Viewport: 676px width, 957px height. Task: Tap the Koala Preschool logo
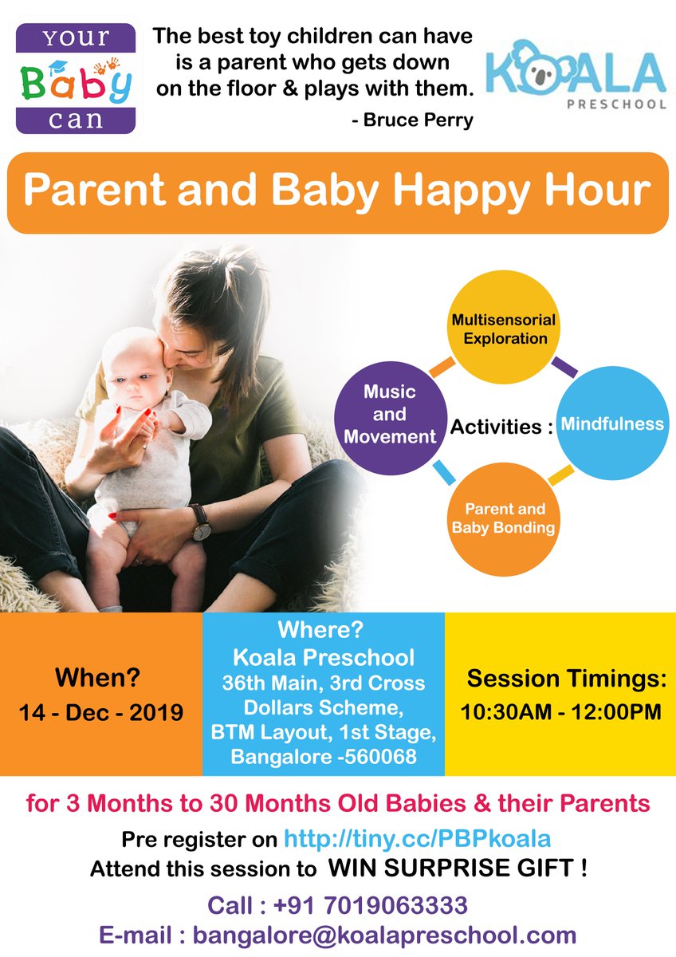pyautogui.click(x=576, y=77)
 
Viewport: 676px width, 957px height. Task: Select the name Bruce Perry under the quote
pyautogui.click(x=412, y=120)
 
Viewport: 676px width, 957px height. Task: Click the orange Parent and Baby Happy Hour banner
pyautogui.click(x=337, y=192)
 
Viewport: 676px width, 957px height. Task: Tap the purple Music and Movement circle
pyautogui.click(x=390, y=414)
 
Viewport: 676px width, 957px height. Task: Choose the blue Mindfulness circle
pyautogui.click(x=612, y=423)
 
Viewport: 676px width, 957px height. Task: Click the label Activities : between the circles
pyautogui.click(x=501, y=427)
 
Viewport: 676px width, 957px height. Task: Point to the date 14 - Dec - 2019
pyautogui.click(x=101, y=712)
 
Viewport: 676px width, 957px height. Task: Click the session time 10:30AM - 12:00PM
pyautogui.click(x=560, y=711)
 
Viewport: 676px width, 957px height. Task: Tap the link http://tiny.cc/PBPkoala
pyautogui.click(x=418, y=839)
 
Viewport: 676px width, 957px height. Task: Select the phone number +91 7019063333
pyautogui.click(x=370, y=906)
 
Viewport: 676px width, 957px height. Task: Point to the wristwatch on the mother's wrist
pyautogui.click(x=201, y=522)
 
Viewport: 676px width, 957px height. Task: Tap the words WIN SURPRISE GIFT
pyautogui.click(x=458, y=868)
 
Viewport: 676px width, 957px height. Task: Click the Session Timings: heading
pyautogui.click(x=566, y=678)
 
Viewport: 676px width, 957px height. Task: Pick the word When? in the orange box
pyautogui.click(x=97, y=678)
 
